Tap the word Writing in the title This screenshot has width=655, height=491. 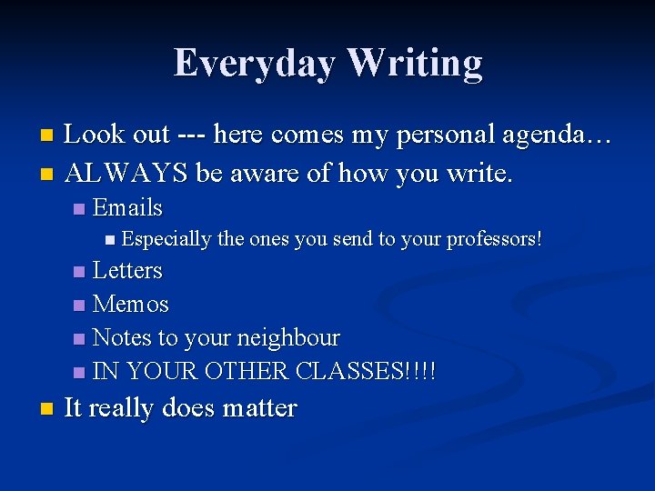pyautogui.click(x=414, y=64)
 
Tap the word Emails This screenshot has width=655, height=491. pyautogui.click(x=127, y=208)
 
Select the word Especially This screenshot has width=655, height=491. pyautogui.click(x=166, y=240)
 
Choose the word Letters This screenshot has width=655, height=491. pyautogui.click(x=127, y=271)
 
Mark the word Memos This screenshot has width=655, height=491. pyautogui.click(x=131, y=305)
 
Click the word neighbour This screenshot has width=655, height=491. pyautogui.click(x=287, y=338)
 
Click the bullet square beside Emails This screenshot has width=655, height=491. pyautogui.click(x=79, y=209)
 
